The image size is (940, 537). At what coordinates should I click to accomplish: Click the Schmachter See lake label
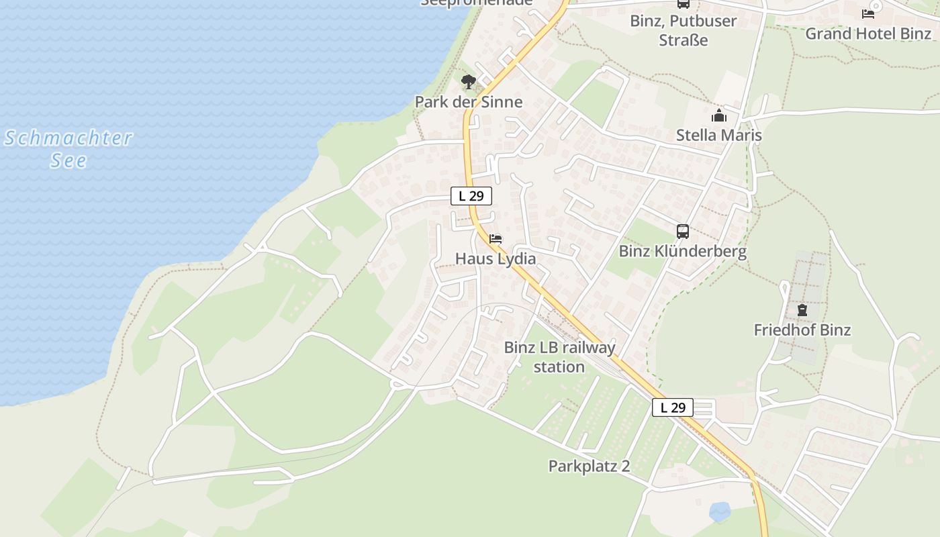68,149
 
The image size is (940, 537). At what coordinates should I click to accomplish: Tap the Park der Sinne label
468,102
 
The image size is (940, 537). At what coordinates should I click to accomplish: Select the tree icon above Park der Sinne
469,82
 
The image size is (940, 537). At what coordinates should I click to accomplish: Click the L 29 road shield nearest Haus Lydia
471,196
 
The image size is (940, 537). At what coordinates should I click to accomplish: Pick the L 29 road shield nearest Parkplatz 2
672,407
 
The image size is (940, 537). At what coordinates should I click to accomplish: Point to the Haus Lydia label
496,258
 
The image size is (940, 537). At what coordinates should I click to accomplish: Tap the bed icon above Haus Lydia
496,238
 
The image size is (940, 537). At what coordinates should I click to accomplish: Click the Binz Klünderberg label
682,252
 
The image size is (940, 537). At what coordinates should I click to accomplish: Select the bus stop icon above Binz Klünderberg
683,232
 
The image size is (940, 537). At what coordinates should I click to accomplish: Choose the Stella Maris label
718,135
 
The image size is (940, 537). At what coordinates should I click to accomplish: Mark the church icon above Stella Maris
719,115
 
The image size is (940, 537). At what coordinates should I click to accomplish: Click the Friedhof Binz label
802,330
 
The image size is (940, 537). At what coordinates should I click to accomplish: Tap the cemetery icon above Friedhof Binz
802,310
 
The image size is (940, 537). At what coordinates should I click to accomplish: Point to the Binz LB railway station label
559,357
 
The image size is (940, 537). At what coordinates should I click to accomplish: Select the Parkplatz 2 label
589,466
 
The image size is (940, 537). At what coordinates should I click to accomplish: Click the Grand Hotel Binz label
868,34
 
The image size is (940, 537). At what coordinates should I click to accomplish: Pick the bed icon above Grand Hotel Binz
868,13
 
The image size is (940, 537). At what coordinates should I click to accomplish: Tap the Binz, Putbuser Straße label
683,30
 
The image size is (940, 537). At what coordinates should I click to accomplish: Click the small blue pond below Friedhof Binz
720,511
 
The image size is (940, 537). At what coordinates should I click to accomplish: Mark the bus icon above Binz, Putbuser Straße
683,3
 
